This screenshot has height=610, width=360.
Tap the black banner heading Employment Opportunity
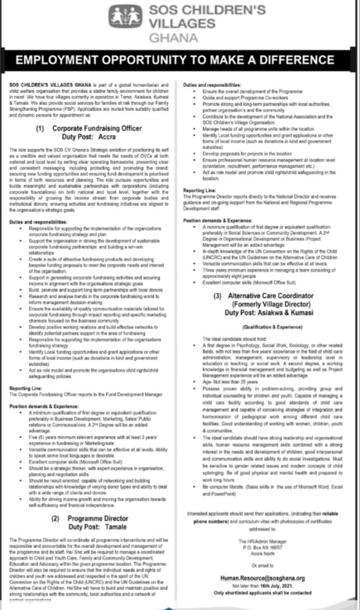pyautogui.click(x=179, y=61)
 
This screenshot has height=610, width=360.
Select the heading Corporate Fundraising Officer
pyautogui.click(x=97, y=128)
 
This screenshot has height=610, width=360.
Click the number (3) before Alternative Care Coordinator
pyautogui.click(x=218, y=295)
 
